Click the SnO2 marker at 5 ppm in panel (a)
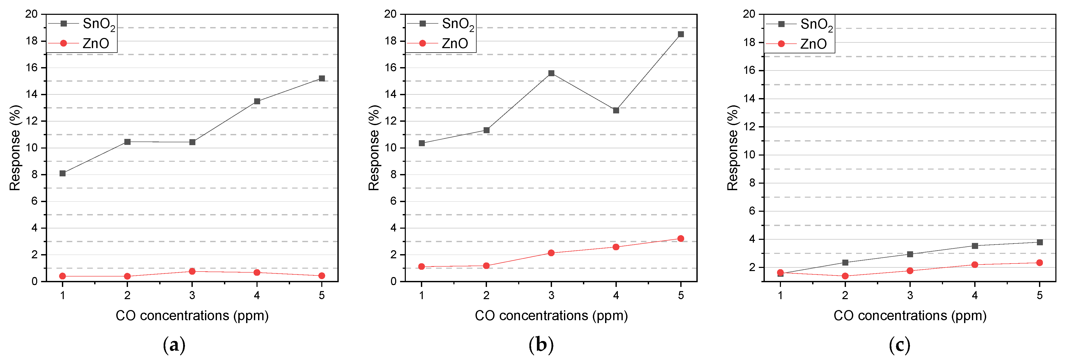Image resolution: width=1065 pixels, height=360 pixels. click(322, 79)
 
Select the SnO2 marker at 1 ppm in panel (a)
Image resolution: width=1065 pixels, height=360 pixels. click(62, 173)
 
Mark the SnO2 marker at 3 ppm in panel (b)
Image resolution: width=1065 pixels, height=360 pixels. click(551, 73)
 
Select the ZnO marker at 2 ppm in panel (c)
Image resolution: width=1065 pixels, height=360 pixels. click(845, 276)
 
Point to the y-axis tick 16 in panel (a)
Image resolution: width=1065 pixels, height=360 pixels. click(32, 67)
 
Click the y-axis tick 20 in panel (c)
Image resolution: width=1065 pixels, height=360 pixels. click(749, 14)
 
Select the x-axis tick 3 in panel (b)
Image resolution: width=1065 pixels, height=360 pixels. click(551, 295)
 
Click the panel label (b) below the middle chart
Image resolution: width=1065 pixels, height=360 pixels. click(541, 345)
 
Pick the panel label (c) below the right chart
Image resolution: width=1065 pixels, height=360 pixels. click(900, 345)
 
